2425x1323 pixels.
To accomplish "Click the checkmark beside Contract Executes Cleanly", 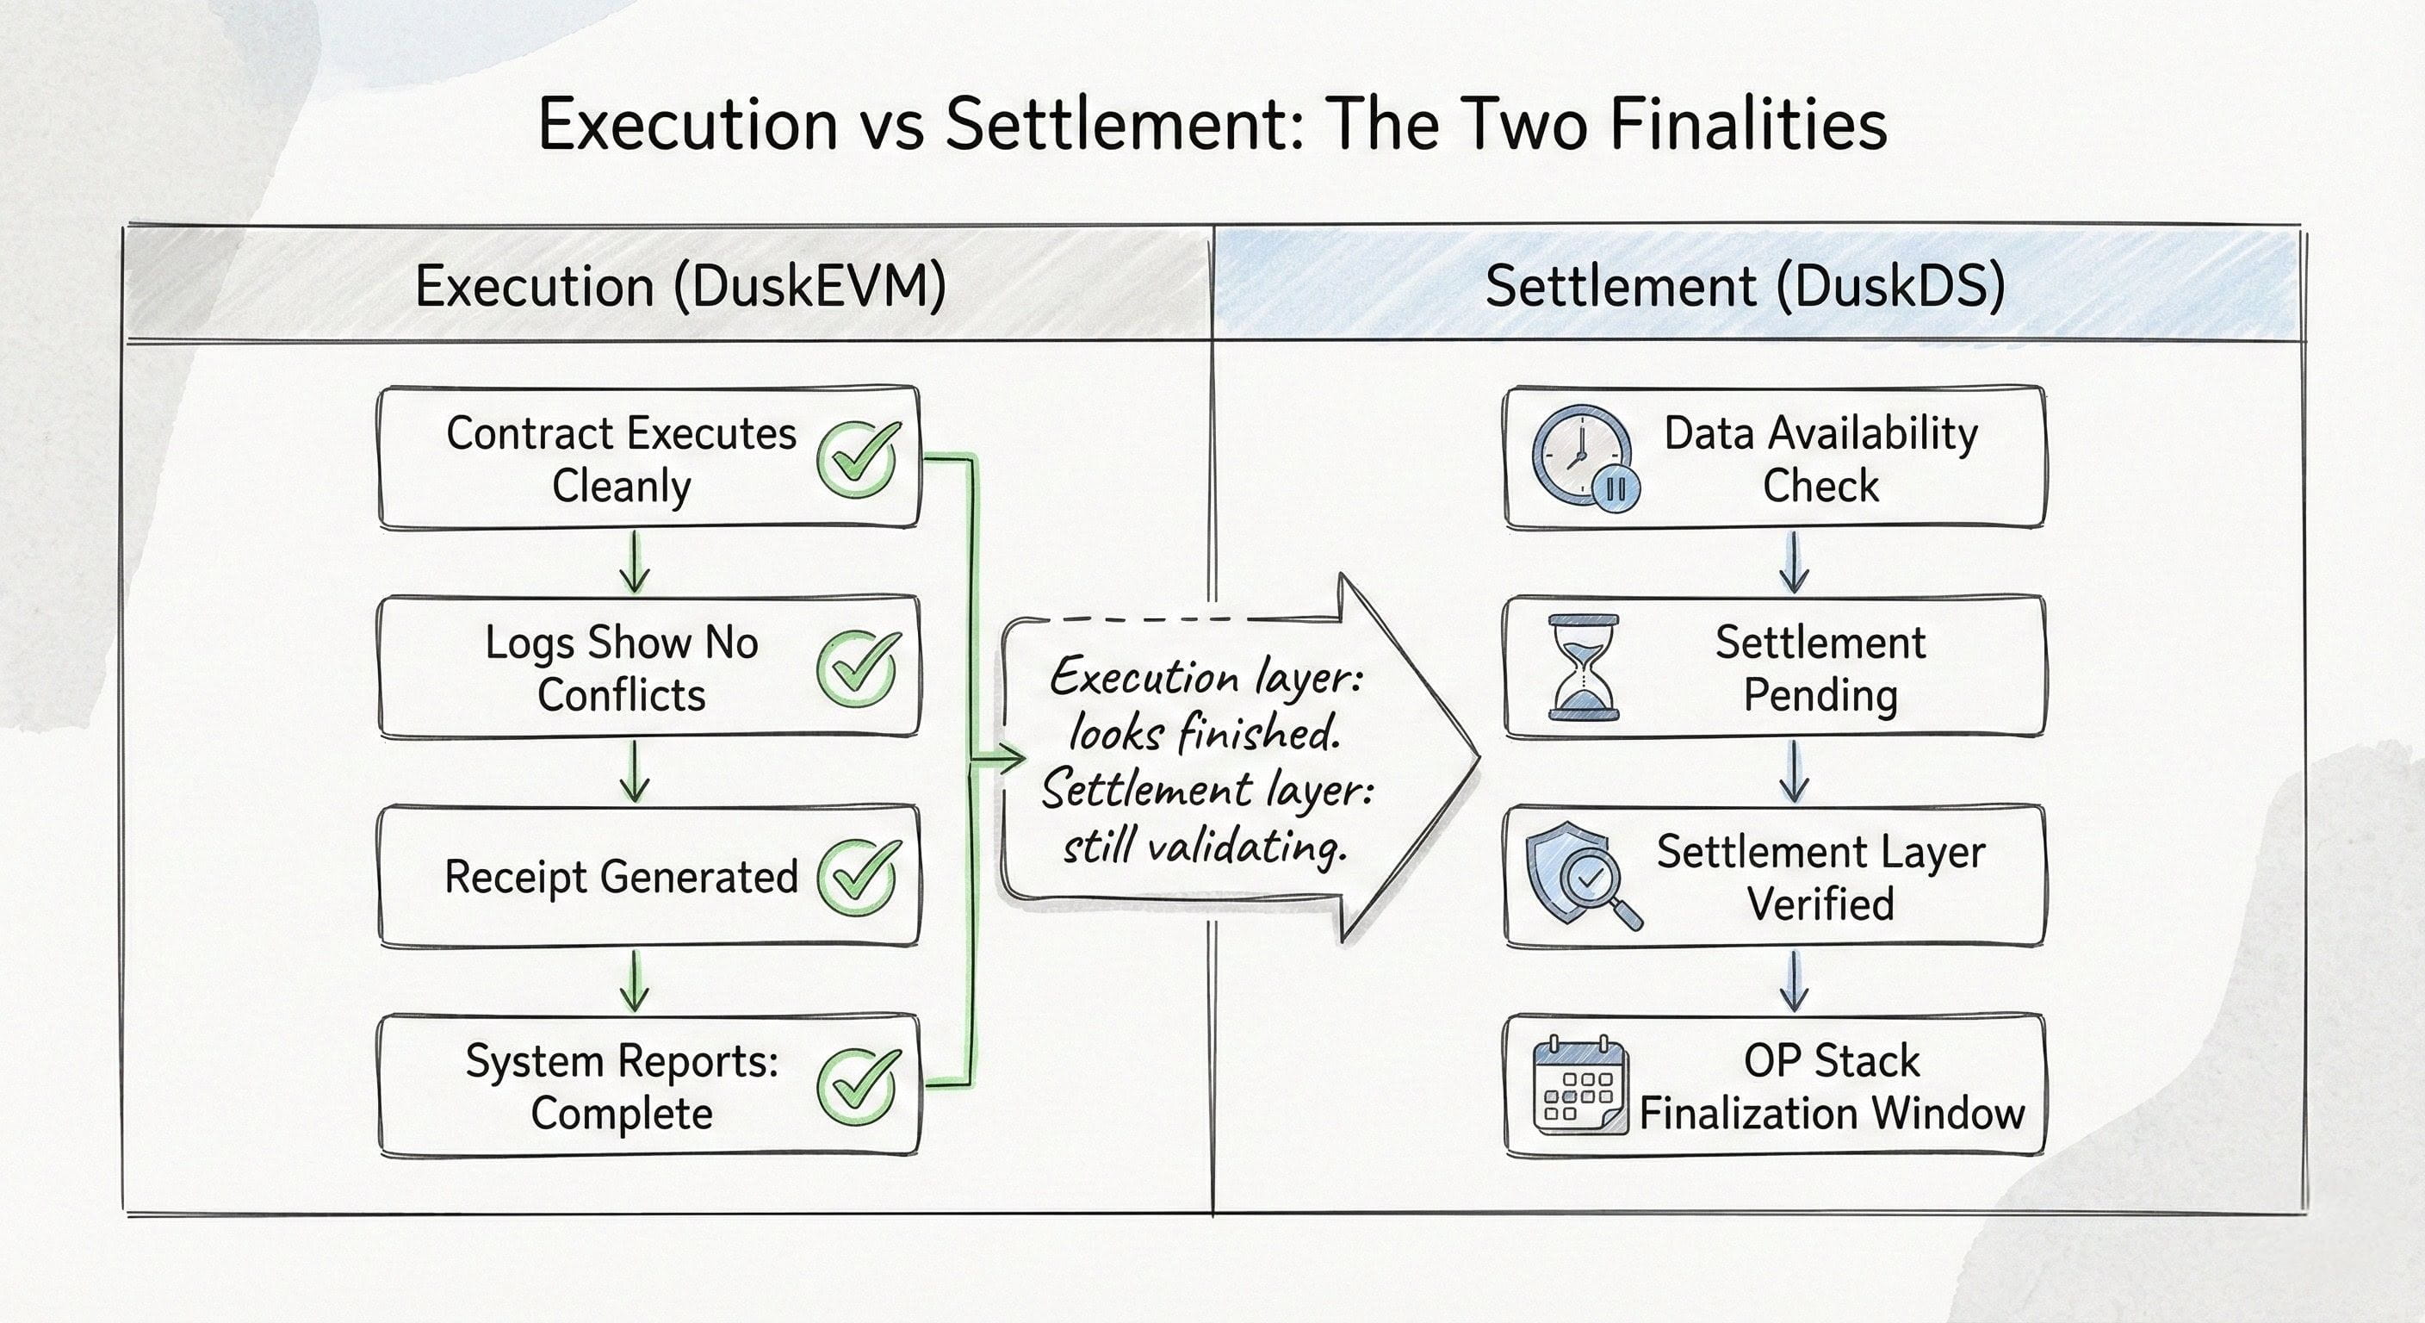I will click(857, 460).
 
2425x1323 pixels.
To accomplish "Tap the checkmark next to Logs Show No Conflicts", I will click(857, 668).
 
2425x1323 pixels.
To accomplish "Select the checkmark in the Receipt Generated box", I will click(857, 878).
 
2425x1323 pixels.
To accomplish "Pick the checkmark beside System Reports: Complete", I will click(857, 1087).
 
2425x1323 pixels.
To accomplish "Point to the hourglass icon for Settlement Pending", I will click(1584, 667).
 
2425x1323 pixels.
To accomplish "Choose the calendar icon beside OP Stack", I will click(1579, 1087).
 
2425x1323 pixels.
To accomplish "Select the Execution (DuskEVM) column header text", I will click(679, 286).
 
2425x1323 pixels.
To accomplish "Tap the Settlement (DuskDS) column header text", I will click(1745, 286).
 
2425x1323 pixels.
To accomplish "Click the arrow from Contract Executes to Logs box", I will click(635, 562).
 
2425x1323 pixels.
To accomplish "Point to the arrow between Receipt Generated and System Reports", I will click(635, 980).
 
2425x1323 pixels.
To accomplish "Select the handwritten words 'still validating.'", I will click(1205, 847).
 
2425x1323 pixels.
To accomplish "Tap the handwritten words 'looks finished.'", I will click(1205, 734).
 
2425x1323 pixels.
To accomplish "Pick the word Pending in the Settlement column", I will click(1820, 696).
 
